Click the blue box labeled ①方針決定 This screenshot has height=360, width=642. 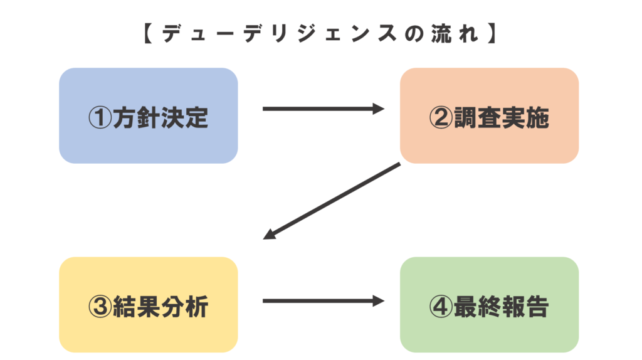[148, 115]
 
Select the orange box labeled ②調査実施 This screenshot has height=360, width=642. [489, 115]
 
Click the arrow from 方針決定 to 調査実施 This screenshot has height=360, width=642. [322, 109]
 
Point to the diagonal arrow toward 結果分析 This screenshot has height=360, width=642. [332, 201]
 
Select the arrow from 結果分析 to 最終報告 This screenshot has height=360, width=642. [322, 301]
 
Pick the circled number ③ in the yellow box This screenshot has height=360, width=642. [100, 307]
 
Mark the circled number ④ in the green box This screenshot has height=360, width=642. [441, 307]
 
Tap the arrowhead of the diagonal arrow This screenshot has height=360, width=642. [270, 235]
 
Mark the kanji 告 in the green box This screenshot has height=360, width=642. [537, 307]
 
